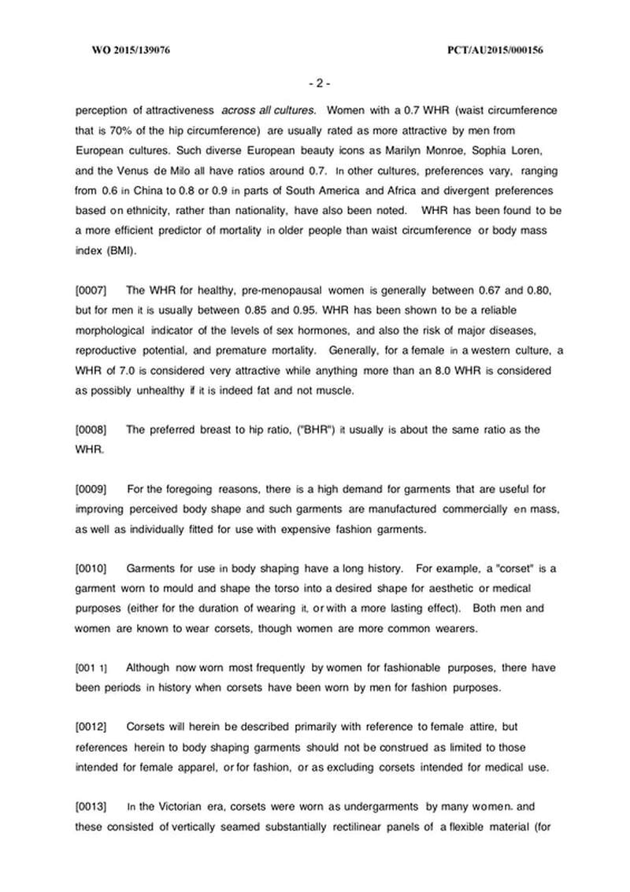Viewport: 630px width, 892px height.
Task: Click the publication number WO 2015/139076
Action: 132,51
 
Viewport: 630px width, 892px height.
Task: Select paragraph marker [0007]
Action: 91,291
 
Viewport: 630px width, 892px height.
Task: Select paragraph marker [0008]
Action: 91,429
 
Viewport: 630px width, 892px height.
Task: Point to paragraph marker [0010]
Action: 91,568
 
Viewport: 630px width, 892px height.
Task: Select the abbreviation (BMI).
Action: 113,250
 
